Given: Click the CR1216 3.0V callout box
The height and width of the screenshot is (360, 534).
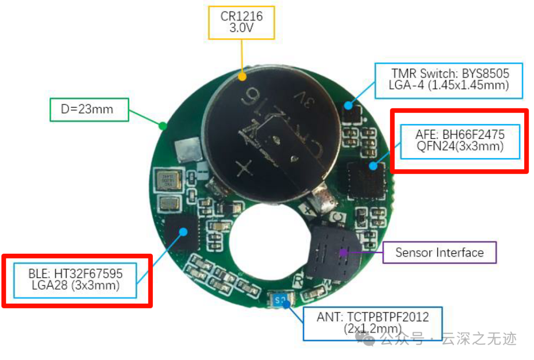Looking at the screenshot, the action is pyautogui.click(x=242, y=22).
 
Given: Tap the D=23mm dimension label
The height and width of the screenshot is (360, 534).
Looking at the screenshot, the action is pyautogui.click(x=89, y=109).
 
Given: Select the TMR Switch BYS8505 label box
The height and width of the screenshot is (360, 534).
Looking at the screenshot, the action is pyautogui.click(x=449, y=80).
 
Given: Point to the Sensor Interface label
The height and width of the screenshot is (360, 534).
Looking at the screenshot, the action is pyautogui.click(x=440, y=253).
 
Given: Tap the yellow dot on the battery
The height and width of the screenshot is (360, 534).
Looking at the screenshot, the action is pyautogui.click(x=242, y=77).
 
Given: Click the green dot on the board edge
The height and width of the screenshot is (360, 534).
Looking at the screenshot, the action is pyautogui.click(x=162, y=126).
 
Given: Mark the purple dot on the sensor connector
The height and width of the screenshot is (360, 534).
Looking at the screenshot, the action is pyautogui.click(x=342, y=253).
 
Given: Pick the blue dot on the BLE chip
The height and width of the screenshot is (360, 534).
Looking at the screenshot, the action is pyautogui.click(x=183, y=231).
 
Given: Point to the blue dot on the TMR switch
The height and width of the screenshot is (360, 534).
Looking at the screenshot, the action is pyautogui.click(x=348, y=105).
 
